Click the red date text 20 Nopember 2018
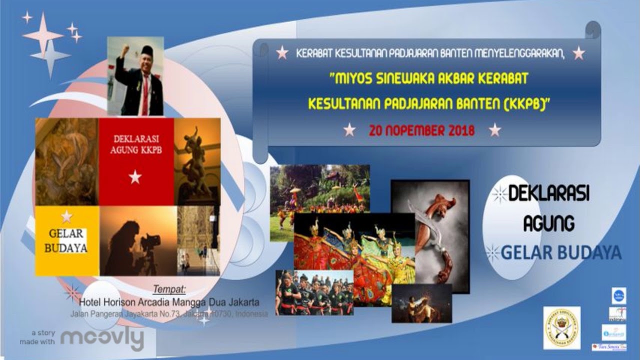tap(421, 131)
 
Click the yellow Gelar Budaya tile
tap(67, 240)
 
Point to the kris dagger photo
tap(430, 235)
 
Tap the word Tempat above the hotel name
tap(169, 289)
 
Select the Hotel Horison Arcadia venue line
tap(169, 302)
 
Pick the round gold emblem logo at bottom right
tap(561, 328)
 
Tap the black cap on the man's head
tap(146, 50)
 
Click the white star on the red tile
tap(135, 176)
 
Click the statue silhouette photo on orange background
tap(197, 161)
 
